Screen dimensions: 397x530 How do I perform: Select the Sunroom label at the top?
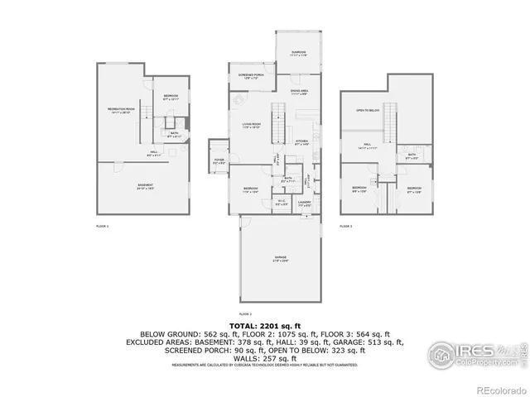(x=298, y=53)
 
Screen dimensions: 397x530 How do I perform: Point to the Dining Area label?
(x=300, y=91)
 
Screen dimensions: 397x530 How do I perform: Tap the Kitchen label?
(x=302, y=141)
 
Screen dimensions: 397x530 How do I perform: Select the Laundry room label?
(x=305, y=202)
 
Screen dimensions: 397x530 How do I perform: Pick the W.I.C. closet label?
(x=281, y=202)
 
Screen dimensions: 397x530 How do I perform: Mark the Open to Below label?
(x=367, y=110)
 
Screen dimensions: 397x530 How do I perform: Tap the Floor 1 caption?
(x=103, y=226)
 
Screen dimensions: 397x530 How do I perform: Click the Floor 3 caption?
(x=346, y=226)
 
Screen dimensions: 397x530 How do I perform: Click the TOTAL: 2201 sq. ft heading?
(x=264, y=327)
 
